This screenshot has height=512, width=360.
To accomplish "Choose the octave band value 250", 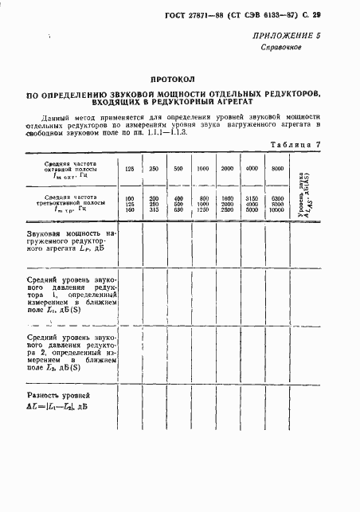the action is [155, 169].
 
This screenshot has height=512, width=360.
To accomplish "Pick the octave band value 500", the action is [178, 169].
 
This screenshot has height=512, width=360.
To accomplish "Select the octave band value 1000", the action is [203, 169].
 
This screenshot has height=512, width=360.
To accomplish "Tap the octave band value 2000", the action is [227, 169].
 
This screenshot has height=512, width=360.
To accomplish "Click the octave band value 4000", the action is [252, 169].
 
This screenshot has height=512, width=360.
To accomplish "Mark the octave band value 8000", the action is [276, 169].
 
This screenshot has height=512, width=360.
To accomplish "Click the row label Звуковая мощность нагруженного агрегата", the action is [70, 244].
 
